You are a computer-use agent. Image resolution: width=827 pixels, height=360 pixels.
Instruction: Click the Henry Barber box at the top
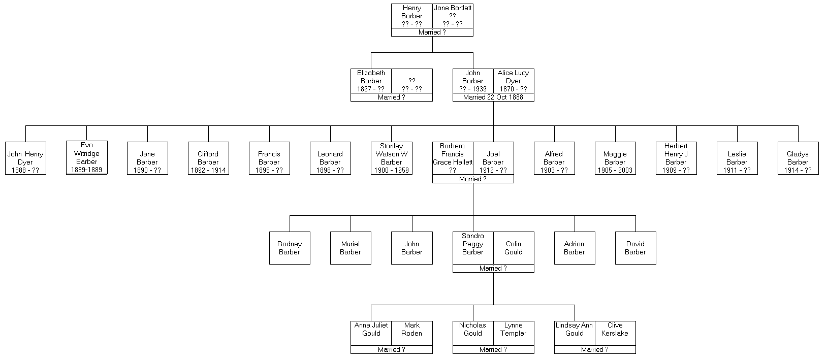tap(411, 16)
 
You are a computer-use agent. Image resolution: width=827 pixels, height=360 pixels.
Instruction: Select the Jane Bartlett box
tap(453, 16)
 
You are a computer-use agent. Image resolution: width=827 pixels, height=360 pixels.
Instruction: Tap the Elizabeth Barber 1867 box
tap(371, 81)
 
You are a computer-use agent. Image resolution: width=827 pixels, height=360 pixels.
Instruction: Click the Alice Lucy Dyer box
tap(513, 81)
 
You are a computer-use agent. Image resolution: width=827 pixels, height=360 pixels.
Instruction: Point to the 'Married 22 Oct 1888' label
tap(493, 97)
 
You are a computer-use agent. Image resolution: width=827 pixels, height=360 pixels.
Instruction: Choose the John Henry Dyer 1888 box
tap(25, 158)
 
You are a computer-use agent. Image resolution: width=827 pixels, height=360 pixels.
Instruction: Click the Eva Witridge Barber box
tap(86, 157)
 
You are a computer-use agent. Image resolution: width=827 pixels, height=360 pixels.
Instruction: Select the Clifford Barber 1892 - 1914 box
tap(208, 158)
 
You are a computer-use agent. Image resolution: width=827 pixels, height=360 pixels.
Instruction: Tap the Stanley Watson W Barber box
tap(391, 158)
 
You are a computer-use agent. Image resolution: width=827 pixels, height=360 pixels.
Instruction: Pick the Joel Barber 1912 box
tap(493, 158)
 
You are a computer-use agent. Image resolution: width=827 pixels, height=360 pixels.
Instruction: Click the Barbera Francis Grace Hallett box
tap(453, 158)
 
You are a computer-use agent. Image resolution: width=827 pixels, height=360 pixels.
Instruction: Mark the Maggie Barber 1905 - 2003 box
tap(615, 158)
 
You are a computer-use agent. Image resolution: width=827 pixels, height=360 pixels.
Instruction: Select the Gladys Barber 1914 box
tap(798, 158)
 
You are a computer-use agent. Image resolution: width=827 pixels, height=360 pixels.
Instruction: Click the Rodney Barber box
tap(290, 248)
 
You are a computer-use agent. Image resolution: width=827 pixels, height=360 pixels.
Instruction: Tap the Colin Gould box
tap(514, 248)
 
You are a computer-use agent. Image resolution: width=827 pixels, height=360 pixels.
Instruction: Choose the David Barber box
tap(635, 248)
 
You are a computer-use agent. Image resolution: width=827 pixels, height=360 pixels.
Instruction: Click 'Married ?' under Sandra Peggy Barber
tap(493, 269)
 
